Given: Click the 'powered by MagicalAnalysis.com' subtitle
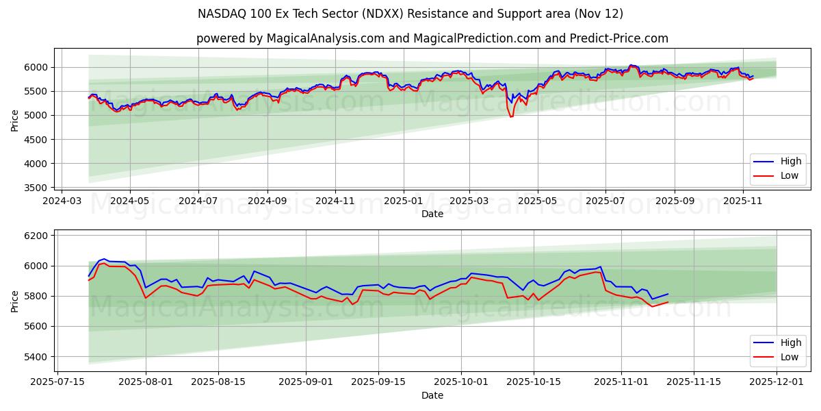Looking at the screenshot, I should (290, 38).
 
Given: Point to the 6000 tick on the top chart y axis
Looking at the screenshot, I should (37, 67).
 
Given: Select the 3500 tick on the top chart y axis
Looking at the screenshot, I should (37, 188).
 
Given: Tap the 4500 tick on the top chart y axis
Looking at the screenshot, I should (37, 140).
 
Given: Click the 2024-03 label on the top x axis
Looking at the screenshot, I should (62, 201).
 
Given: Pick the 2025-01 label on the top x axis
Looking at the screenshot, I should (403, 201).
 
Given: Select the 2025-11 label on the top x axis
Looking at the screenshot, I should (743, 201).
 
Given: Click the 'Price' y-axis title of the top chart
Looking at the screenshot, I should (15, 121).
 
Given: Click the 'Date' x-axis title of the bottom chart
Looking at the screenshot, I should (432, 395).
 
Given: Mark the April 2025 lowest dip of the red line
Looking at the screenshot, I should (510, 116).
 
